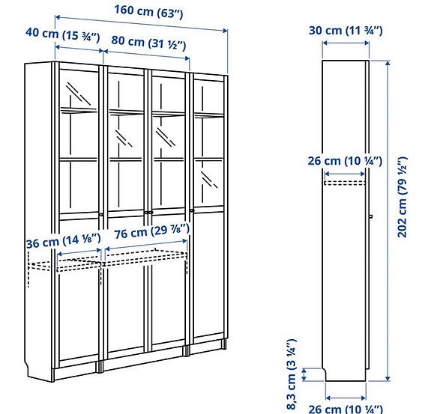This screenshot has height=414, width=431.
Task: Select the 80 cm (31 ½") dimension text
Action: tap(148, 44)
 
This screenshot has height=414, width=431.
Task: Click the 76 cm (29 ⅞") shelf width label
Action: tap(148, 235)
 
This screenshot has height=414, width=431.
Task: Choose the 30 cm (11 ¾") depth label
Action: tap(346, 30)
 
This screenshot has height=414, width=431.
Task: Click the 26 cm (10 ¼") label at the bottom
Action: tap(345, 409)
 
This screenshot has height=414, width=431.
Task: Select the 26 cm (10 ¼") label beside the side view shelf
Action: tap(345, 161)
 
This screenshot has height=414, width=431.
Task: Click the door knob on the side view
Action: tap(370, 217)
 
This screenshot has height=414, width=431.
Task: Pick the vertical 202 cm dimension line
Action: tap(388, 225)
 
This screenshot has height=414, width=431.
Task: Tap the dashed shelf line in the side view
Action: tap(345, 180)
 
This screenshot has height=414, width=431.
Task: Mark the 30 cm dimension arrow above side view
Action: tap(345, 43)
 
